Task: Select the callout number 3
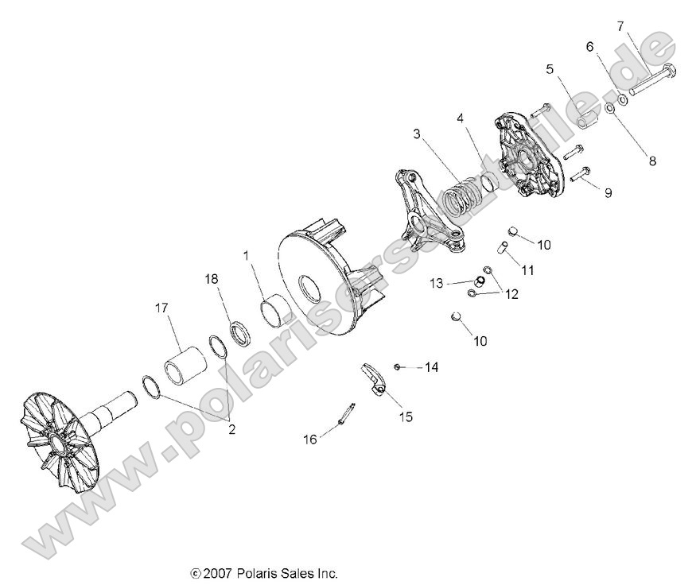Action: tap(417, 134)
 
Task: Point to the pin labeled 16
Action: tap(348, 415)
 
